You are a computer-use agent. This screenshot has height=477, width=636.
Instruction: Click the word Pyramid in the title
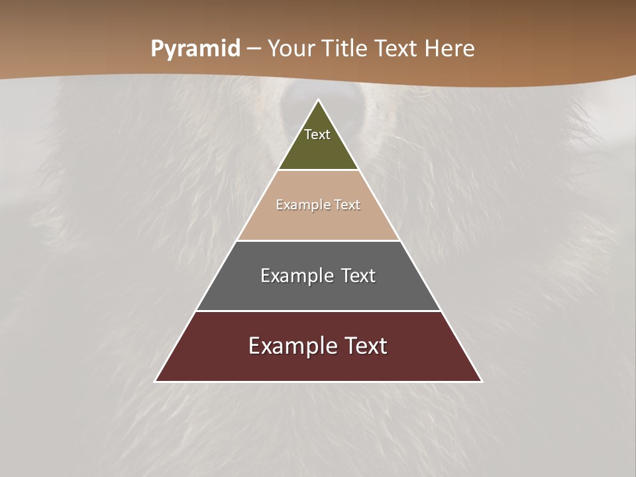(x=195, y=49)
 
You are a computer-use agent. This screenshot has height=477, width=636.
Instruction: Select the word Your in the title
(x=291, y=49)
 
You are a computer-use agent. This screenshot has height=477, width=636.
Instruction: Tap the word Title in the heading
(x=345, y=49)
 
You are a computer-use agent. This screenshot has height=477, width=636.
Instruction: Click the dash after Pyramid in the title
(x=254, y=49)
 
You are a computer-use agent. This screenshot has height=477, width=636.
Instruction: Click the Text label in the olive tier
(x=317, y=134)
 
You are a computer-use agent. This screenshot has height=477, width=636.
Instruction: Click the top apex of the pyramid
(x=319, y=100)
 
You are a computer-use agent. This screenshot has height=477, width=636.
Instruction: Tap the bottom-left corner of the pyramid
(x=156, y=381)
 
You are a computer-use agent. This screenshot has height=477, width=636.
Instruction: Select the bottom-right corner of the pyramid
(x=482, y=381)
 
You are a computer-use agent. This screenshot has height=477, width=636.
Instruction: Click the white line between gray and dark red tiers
(x=319, y=311)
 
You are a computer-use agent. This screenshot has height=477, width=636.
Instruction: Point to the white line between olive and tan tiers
(x=319, y=170)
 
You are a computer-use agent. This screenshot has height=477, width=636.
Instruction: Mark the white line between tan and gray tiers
(x=319, y=240)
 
